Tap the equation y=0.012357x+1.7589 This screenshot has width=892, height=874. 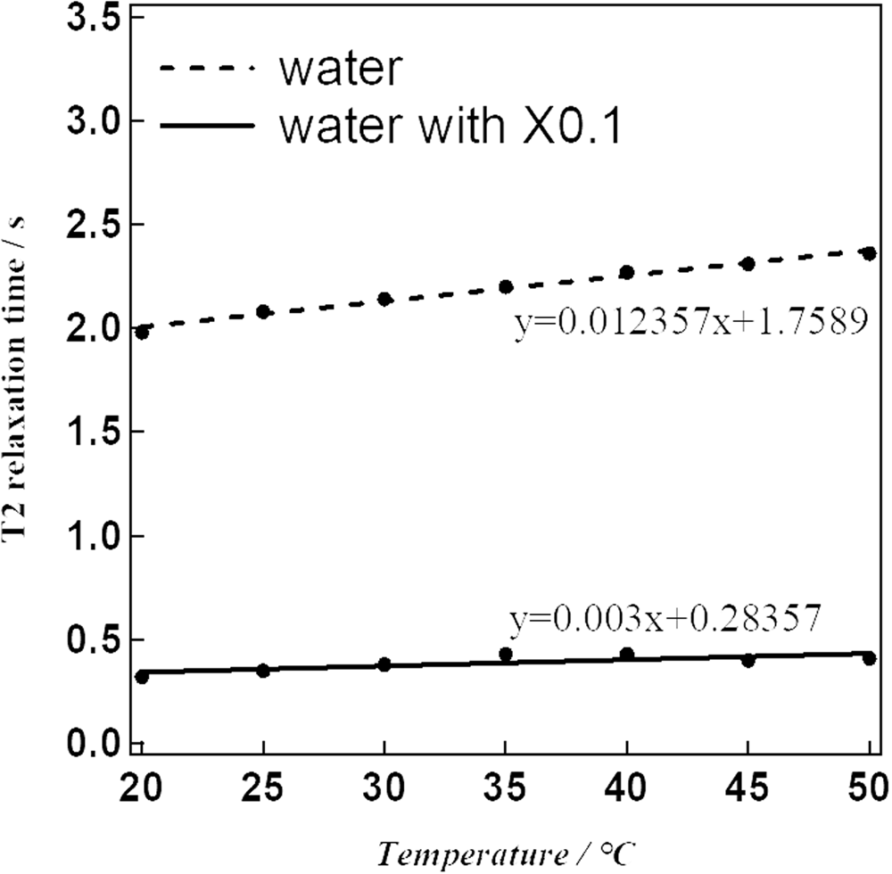point(690,323)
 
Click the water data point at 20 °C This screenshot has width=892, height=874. point(142,332)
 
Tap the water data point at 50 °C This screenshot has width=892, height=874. point(869,253)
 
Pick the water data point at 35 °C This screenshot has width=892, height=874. point(506,286)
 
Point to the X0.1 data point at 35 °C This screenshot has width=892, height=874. point(506,655)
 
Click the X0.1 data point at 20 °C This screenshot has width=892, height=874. point(142,677)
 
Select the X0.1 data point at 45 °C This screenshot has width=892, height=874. point(748,660)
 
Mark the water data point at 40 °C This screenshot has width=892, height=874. point(627,272)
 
